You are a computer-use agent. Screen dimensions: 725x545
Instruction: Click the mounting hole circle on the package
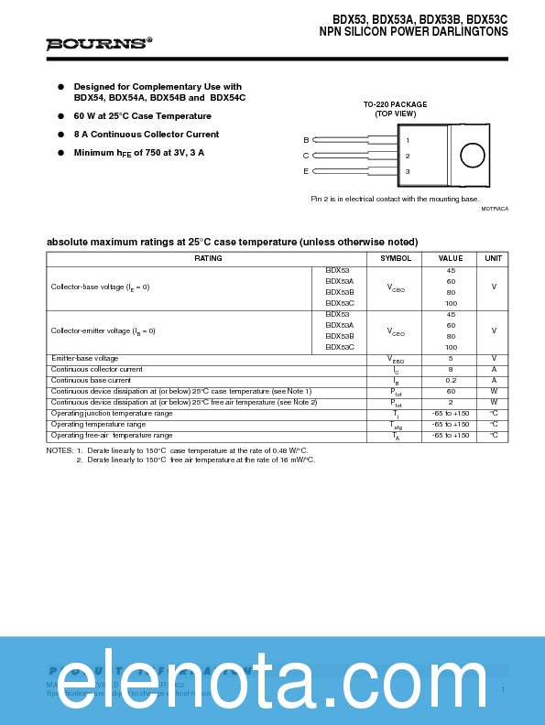472,155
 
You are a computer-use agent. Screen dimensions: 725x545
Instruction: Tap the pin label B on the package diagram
306,140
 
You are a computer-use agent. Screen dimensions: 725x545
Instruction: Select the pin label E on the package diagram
306,171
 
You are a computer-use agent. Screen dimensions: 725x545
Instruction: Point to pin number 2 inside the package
408,156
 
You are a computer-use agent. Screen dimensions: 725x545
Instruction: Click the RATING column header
208,258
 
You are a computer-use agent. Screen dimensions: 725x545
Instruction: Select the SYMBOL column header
396,258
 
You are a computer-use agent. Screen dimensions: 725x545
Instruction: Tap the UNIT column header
493,258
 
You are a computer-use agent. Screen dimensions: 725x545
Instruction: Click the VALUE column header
451,258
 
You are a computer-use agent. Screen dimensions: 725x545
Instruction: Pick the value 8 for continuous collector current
451,369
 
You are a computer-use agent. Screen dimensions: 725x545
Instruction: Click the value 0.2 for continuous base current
451,380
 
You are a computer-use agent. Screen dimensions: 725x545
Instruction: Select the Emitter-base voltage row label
84,358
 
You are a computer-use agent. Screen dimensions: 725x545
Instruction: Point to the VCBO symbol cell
396,287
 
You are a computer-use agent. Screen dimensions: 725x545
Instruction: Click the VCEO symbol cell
396,331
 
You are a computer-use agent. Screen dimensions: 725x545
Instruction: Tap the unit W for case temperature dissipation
494,391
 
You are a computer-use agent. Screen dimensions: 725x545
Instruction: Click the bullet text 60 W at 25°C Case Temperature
142,116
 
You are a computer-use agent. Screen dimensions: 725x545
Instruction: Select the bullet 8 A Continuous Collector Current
146,135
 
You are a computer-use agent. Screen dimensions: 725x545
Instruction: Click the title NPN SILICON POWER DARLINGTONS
413,31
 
